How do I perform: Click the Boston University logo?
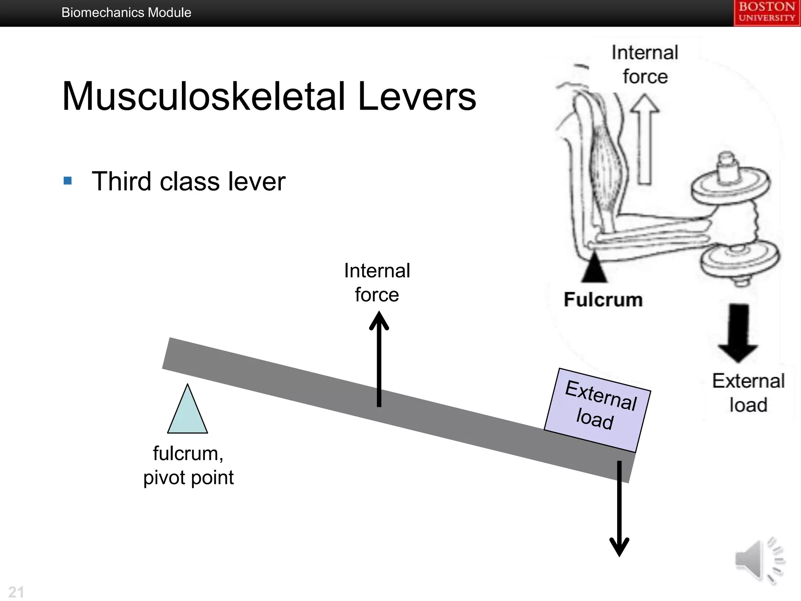pyautogui.click(x=767, y=13)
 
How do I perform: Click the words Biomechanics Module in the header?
pyautogui.click(x=126, y=13)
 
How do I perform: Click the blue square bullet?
pyautogui.click(x=68, y=180)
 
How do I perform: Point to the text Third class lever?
pyautogui.click(x=189, y=182)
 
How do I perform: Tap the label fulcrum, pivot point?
pyautogui.click(x=189, y=465)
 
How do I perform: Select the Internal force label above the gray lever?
pyautogui.click(x=377, y=283)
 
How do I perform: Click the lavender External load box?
pyautogui.click(x=597, y=409)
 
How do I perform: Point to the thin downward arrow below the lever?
pyautogui.click(x=619, y=509)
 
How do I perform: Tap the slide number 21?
pyautogui.click(x=16, y=592)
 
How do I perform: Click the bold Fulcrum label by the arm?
pyautogui.click(x=603, y=300)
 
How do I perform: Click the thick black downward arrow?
pyautogui.click(x=738, y=333)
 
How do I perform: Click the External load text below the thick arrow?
pyautogui.click(x=748, y=392)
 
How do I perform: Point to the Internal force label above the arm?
pyautogui.click(x=645, y=65)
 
